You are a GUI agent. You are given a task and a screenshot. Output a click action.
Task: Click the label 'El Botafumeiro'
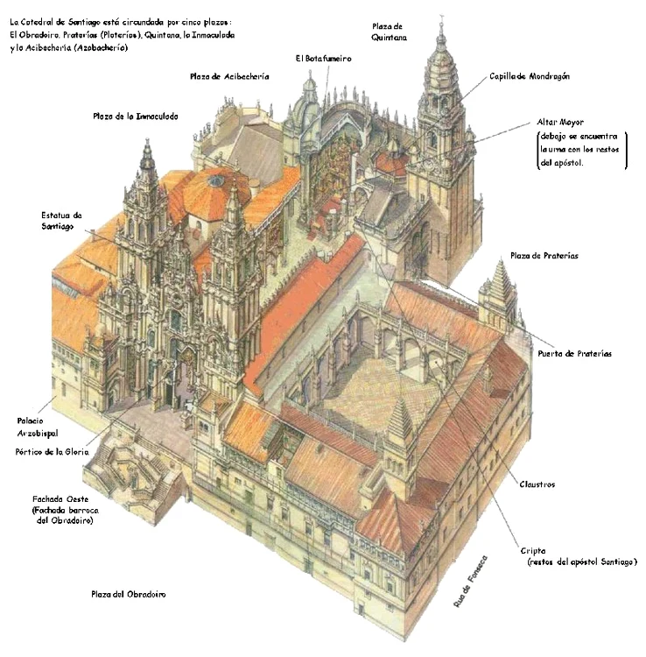pyautogui.click(x=323, y=59)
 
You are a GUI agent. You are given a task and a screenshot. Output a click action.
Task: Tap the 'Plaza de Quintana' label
pyautogui.click(x=389, y=32)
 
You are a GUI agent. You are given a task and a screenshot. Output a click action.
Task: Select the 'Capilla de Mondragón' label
pyautogui.click(x=530, y=76)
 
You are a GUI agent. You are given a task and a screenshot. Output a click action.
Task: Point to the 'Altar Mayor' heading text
pyautogui.click(x=560, y=122)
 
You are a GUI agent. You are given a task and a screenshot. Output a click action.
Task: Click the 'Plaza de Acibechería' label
pyautogui.click(x=229, y=76)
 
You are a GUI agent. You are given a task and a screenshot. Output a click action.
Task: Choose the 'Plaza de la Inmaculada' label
pyautogui.click(x=135, y=117)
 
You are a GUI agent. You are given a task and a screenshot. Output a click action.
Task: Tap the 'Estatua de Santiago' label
pyautogui.click(x=61, y=221)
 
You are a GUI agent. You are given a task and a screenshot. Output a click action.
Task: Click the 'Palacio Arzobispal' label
pyautogui.click(x=38, y=427)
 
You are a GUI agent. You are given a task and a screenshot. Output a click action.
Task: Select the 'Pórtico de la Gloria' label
pyautogui.click(x=52, y=452)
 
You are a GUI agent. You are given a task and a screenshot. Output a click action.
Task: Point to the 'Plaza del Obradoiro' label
pyautogui.click(x=129, y=594)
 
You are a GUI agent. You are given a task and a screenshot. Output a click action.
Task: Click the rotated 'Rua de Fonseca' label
pyautogui.click(x=471, y=581)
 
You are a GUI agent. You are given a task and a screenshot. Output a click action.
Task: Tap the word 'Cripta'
pyautogui.click(x=533, y=551)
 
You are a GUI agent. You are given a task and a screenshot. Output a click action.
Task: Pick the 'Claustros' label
pyautogui.click(x=537, y=484)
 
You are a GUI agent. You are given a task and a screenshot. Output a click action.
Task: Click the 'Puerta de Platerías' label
pyautogui.click(x=574, y=354)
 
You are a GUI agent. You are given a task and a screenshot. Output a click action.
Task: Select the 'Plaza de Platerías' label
pyautogui.click(x=544, y=256)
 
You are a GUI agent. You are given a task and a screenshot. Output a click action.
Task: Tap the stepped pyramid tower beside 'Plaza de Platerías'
pyautogui.click(x=500, y=293)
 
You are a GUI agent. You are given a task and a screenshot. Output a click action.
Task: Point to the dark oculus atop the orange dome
pyautogui.click(x=216, y=181)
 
